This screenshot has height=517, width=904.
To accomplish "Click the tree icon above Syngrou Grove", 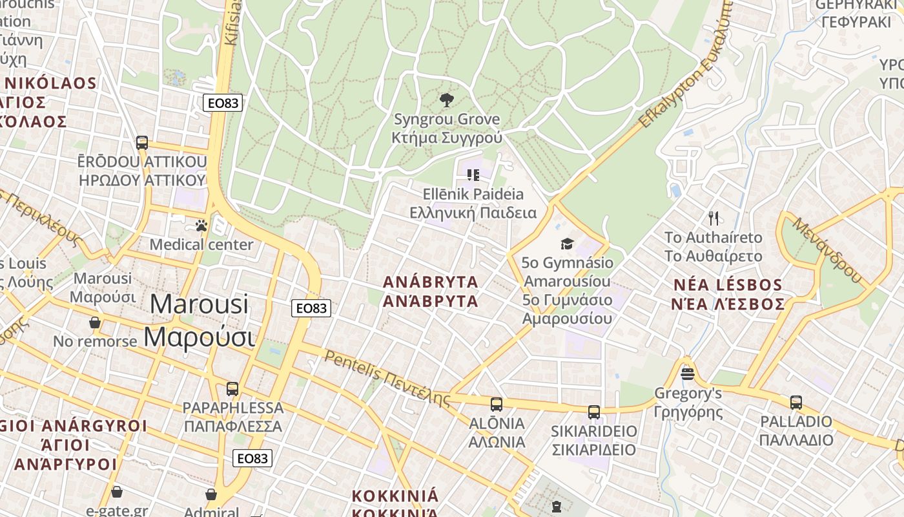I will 446,100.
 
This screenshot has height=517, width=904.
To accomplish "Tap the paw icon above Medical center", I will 201,226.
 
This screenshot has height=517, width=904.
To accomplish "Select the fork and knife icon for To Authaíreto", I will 714,218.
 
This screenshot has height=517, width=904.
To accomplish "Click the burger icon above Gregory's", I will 688,374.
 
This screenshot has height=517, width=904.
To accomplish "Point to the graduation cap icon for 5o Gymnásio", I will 567,244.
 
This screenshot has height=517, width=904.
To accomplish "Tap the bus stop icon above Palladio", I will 796,402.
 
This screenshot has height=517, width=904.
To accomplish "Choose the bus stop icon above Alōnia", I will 496,405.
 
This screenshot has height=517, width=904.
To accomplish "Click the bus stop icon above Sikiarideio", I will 593,412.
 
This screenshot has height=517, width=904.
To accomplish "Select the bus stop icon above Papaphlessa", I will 232,389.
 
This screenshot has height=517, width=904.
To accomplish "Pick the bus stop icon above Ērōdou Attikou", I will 142,142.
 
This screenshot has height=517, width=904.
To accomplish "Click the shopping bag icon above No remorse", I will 95,322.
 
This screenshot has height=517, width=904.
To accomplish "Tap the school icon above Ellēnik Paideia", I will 473,174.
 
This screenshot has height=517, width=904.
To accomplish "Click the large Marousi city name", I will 199,304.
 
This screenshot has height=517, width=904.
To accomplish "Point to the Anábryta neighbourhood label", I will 431,282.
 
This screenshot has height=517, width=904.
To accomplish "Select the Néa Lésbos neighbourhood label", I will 728,285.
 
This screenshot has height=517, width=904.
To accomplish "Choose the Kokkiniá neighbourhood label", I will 395,496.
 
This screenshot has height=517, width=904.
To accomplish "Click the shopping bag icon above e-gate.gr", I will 117,492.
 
